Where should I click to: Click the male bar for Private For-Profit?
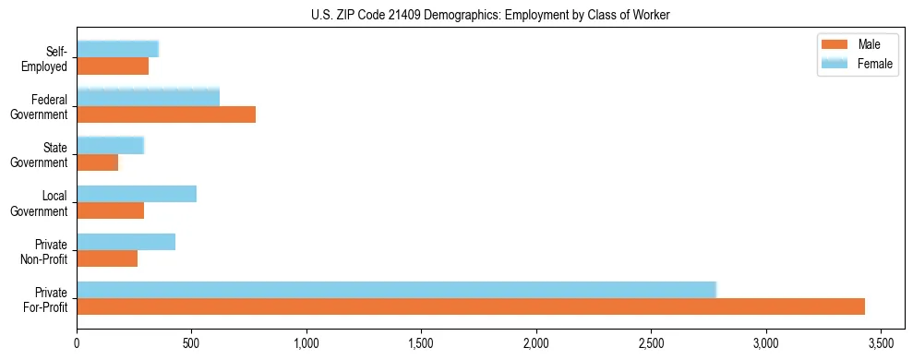(x=471, y=306)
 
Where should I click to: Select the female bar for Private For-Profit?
(x=397, y=290)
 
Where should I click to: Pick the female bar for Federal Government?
(x=148, y=98)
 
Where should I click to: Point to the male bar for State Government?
(x=98, y=162)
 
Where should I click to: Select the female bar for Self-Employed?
(x=117, y=50)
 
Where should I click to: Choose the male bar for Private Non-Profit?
(x=107, y=258)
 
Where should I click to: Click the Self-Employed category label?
(x=47, y=58)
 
